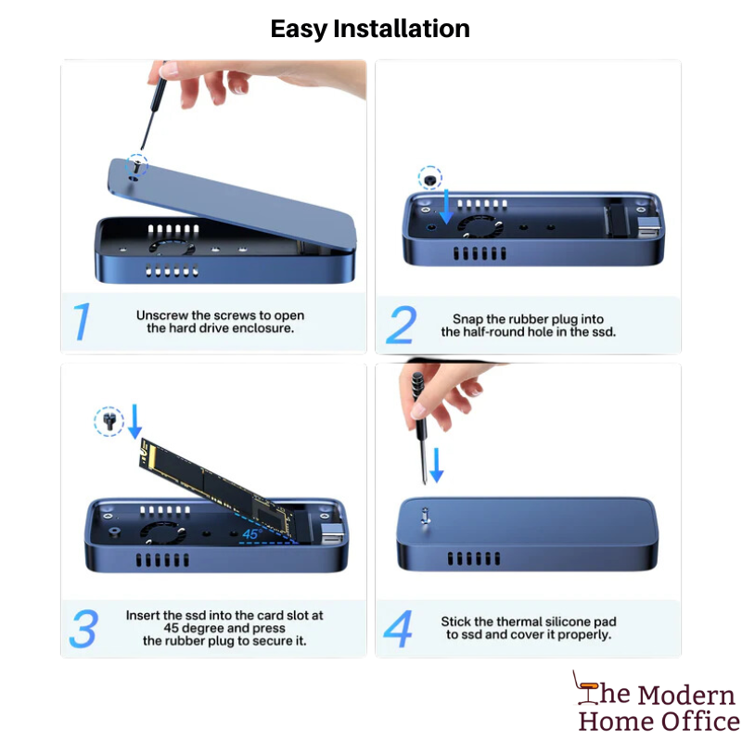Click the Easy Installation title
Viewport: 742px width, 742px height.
coord(370,29)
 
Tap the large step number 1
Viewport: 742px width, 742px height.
coord(82,322)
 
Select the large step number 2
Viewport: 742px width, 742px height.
coord(402,325)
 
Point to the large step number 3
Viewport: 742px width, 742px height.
coord(83,629)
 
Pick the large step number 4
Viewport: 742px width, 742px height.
coord(398,629)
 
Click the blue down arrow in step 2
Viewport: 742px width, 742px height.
coord(446,206)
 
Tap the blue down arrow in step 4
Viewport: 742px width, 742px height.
coord(436,466)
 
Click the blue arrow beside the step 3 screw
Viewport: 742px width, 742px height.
coord(134,421)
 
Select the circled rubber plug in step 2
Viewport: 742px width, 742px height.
coord(429,178)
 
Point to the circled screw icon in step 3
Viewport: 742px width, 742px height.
coord(109,421)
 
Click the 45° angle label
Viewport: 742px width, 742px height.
coord(251,534)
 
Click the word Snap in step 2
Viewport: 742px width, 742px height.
coord(467,319)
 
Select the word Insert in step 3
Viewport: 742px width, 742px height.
coord(143,615)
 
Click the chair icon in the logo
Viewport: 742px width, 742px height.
coord(585,687)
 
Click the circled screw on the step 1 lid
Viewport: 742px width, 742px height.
coord(136,166)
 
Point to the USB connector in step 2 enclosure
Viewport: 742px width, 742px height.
coord(648,227)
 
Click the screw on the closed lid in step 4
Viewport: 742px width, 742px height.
coord(425,516)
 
